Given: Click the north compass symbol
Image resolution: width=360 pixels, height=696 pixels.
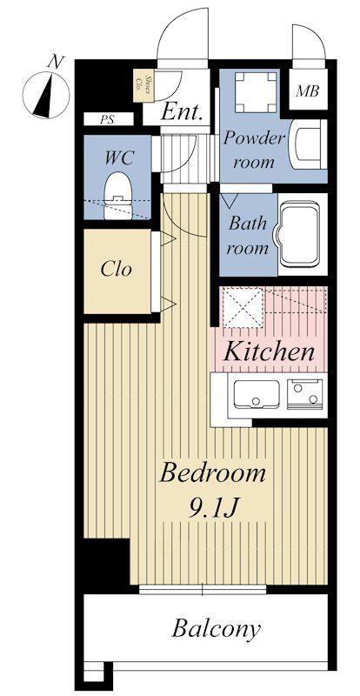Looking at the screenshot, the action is pos(46,92).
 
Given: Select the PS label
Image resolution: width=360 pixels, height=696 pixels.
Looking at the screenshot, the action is pos(107,119).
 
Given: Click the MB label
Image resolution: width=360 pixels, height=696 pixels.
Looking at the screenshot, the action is pos(308,91).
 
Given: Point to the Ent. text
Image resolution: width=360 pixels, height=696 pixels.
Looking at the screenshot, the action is pos(182,112).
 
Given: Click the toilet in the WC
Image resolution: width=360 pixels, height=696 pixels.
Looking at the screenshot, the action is pos(117,195).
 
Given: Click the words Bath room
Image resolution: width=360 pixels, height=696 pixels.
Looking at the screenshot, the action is pos(248,235).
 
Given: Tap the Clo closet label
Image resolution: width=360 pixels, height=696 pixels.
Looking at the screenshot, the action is pos(117,269).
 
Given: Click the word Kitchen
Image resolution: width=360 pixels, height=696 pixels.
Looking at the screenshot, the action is pos(269,351).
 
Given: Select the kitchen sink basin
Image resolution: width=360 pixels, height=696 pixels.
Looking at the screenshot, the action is pos(257,394).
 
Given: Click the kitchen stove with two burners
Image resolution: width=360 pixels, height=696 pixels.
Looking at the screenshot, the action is pos(304,394).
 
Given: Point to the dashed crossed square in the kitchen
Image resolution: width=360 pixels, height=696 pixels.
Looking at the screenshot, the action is pos(243,307).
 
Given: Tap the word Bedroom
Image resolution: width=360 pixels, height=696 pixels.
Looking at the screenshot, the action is pos(213,473).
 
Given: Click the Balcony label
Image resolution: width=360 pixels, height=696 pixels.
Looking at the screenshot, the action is pos(216,629).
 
